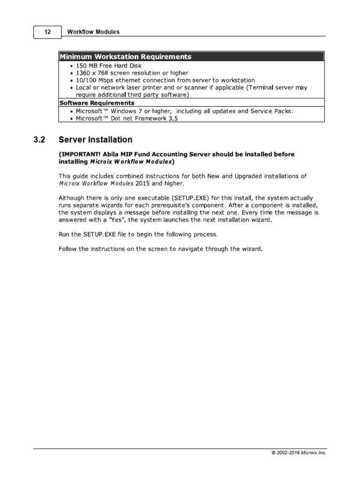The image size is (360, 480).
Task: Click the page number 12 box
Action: pyautogui.click(x=47, y=32)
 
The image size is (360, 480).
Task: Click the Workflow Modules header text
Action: pyautogui.click(x=93, y=32)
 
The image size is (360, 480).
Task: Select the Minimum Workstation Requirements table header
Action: pyautogui.click(x=125, y=57)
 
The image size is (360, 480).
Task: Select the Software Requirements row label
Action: pyautogui.click(x=97, y=103)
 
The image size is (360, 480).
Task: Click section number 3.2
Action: pyautogui.click(x=39, y=140)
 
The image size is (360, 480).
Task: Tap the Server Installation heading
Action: pyautogui.click(x=95, y=140)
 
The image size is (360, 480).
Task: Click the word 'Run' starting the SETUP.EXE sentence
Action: pyautogui.click(x=64, y=234)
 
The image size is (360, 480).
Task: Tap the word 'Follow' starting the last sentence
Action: pyautogui.click(x=68, y=248)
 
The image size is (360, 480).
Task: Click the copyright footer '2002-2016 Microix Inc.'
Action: pyautogui.click(x=298, y=453)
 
